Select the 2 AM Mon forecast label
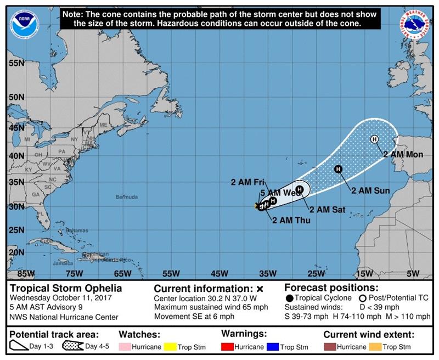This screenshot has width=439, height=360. (403, 155)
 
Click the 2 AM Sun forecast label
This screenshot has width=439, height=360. (370, 191)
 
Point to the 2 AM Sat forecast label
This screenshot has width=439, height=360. (327, 209)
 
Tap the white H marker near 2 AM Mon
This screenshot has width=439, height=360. (374, 139)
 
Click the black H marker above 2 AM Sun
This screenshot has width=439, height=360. (338, 169)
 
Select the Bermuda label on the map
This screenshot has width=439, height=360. (127, 196)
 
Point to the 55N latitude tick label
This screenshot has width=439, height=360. (17, 64)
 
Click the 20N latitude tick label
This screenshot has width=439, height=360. (17, 252)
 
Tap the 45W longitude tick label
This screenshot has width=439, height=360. (219, 273)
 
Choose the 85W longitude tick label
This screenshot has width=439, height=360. (26, 273)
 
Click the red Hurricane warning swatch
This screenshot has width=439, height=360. (226, 347)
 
